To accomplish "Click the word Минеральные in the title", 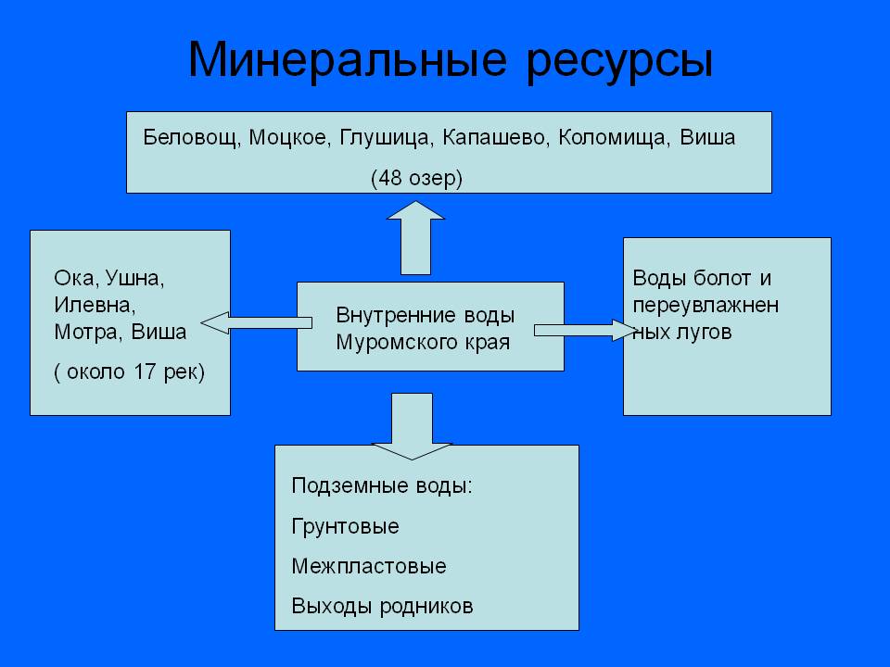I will coord(349,60).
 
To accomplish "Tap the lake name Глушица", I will coord(386,139).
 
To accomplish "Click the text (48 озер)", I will coord(415,178).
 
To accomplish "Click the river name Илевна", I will coord(95,304).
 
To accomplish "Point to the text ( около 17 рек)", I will coord(129,371).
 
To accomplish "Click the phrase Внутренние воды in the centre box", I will coord(426,315).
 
